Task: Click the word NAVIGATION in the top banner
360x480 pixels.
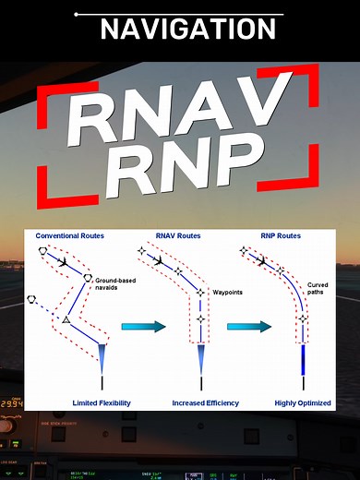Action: pos(187,28)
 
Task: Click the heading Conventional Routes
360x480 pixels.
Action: pos(69,236)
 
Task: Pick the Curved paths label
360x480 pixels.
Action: pos(318,289)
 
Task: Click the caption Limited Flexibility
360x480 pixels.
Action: pos(102,402)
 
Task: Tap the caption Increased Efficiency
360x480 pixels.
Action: pos(204,402)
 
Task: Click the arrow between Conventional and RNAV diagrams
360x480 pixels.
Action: pos(139,326)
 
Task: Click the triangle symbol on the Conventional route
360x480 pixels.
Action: pos(66,319)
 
